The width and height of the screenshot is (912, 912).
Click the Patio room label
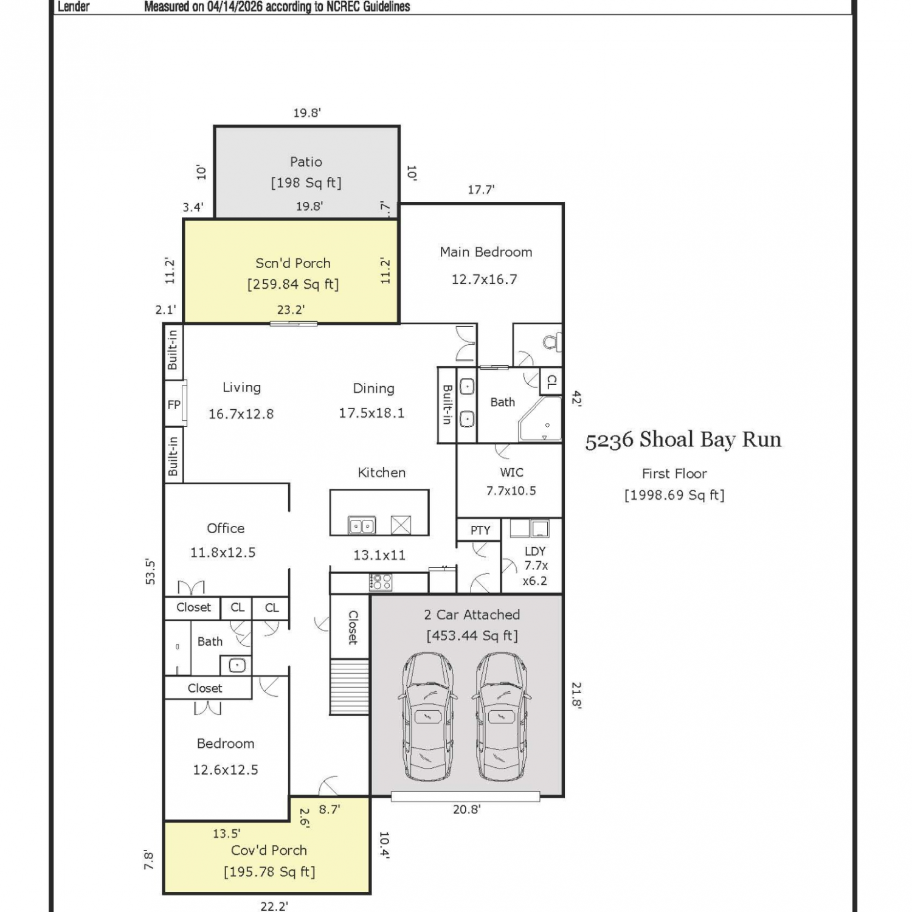click(306, 162)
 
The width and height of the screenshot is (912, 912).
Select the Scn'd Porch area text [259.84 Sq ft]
click(293, 284)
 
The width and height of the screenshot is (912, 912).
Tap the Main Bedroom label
click(486, 252)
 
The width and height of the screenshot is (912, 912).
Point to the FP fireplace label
click(174, 404)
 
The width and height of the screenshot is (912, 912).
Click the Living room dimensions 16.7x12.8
click(241, 414)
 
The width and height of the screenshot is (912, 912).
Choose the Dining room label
click(373, 389)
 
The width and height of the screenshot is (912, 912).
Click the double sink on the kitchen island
click(362, 525)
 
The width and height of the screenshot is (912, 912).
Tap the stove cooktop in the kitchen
click(381, 582)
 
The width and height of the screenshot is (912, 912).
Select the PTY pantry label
click(480, 530)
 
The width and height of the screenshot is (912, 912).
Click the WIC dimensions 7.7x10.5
click(511, 491)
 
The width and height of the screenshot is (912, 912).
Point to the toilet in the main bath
click(552, 342)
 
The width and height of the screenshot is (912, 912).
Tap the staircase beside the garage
click(350, 687)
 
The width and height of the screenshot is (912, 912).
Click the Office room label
click(226, 528)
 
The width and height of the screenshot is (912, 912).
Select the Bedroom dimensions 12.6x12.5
click(226, 770)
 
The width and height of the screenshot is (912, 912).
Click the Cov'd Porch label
click(269, 850)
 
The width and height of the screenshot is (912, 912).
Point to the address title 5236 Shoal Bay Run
click(683, 440)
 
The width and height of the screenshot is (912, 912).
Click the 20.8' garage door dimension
click(466, 809)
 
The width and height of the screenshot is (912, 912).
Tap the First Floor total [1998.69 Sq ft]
click(674, 495)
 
